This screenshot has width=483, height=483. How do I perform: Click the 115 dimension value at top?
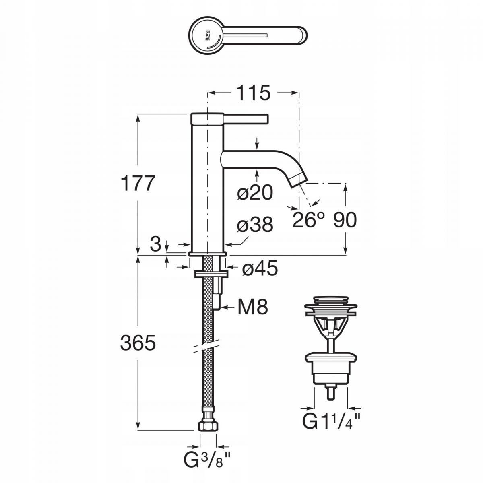click(254, 93)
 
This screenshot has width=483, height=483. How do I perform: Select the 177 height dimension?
click(137, 183)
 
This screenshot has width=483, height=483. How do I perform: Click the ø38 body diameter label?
click(255, 224)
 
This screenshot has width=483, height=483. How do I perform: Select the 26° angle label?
click(308, 220)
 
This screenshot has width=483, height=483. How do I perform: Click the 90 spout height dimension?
click(345, 220)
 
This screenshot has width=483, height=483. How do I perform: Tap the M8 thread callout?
click(253, 307)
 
